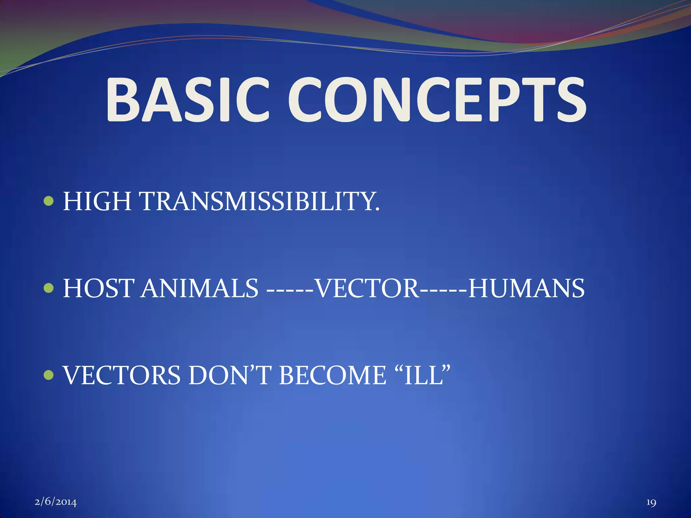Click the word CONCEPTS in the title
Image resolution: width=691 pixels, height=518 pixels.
pyautogui.click(x=437, y=100)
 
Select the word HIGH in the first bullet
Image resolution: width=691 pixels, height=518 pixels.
pyautogui.click(x=97, y=202)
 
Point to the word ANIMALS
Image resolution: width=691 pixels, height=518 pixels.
pyautogui.click(x=199, y=289)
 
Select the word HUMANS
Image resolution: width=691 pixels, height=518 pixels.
pyautogui.click(x=526, y=289)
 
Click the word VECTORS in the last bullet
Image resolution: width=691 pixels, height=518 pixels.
pyautogui.click(x=122, y=376)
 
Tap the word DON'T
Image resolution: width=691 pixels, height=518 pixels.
pyautogui.click(x=230, y=376)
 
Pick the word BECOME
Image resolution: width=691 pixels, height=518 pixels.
pyautogui.click(x=332, y=376)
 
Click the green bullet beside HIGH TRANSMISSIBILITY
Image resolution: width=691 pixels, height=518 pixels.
pyautogui.click(x=49, y=202)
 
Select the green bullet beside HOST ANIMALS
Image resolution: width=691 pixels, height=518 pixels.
pyautogui.click(x=49, y=288)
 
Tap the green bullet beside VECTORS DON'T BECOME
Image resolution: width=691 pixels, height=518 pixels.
pyautogui.click(x=49, y=375)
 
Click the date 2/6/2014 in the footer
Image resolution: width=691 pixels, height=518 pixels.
pyautogui.click(x=56, y=502)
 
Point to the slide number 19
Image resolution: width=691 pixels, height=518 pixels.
pyautogui.click(x=651, y=502)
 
